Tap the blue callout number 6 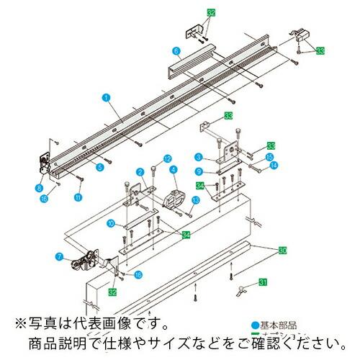tap(175, 50)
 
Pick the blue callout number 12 tap(166, 158)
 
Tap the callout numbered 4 tap(173, 170)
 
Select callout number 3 tap(197, 156)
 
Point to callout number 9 tap(197, 171)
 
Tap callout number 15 tap(269, 156)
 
